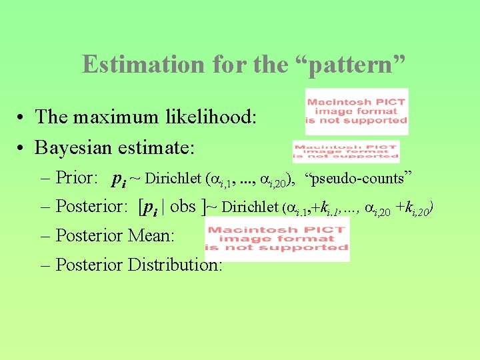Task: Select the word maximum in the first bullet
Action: [115, 117]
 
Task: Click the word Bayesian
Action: [73, 147]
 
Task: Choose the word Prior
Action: [76, 178]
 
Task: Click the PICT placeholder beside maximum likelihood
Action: [356, 111]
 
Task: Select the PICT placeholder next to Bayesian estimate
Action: [345, 151]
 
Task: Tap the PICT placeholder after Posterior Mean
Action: [277, 239]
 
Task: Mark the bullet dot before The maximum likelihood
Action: [23, 117]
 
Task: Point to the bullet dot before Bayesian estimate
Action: [23, 147]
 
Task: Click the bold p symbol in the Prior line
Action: [117, 179]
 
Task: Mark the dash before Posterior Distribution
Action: [45, 265]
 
